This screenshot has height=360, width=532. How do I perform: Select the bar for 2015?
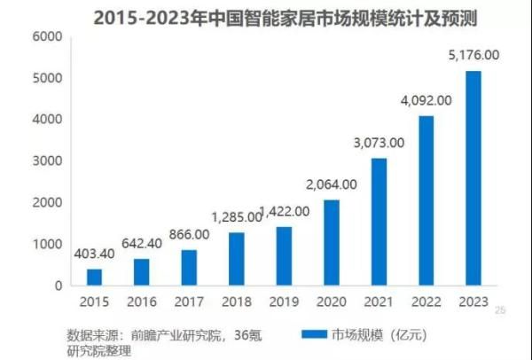coord(95,277)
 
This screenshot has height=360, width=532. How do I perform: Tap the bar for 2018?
coord(237,259)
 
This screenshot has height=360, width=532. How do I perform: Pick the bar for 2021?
coord(379,222)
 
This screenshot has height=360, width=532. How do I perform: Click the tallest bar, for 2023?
coord(473,178)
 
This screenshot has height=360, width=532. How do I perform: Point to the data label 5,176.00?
coord(473,55)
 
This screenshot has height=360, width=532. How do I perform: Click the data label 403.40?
coord(94,254)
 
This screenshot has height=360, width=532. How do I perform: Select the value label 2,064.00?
coord(332,184)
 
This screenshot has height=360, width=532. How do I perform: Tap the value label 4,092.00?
coord(426,100)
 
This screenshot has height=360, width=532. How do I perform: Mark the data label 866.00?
coord(189,234)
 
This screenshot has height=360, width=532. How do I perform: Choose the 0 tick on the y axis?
coord(58,286)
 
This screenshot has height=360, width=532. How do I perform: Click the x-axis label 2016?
coord(142,302)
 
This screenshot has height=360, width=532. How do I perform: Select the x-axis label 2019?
coord(284,302)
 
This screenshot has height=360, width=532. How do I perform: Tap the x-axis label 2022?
coord(426,302)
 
